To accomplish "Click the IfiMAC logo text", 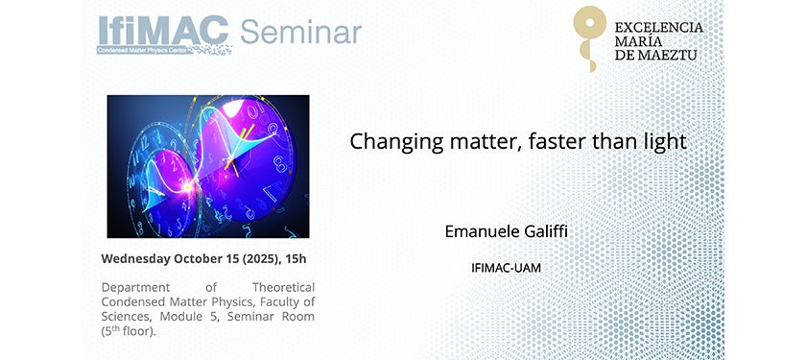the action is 163,31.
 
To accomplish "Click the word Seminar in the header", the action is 300,32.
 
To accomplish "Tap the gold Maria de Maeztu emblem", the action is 589,38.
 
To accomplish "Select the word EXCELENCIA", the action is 658,27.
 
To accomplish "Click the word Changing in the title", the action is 392,142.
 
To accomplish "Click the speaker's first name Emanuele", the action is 483,231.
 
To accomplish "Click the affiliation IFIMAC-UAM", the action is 506,268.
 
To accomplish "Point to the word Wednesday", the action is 135,258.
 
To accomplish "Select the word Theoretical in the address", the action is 283,287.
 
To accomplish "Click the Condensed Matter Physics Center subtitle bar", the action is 145,50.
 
